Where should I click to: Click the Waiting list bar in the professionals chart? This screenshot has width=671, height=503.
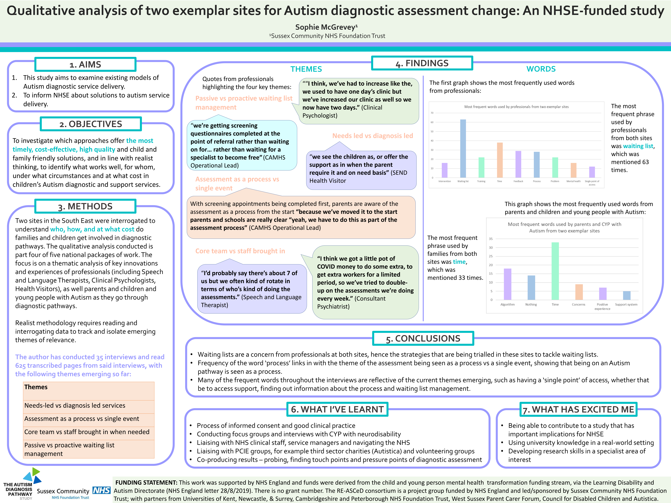coord(463,149)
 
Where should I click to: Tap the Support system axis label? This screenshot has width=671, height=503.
coord(626,304)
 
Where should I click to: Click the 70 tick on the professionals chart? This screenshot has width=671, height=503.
coord(432,113)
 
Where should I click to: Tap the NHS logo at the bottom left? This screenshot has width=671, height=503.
coord(101,490)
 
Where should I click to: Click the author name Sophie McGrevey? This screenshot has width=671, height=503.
coord(326,27)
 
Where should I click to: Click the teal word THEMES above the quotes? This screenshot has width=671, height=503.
coord(306,69)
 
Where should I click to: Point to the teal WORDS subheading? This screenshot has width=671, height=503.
coord(541,69)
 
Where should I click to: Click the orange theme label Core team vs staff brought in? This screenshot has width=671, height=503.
coord(240,251)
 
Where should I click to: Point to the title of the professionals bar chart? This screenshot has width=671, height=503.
coord(516,107)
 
